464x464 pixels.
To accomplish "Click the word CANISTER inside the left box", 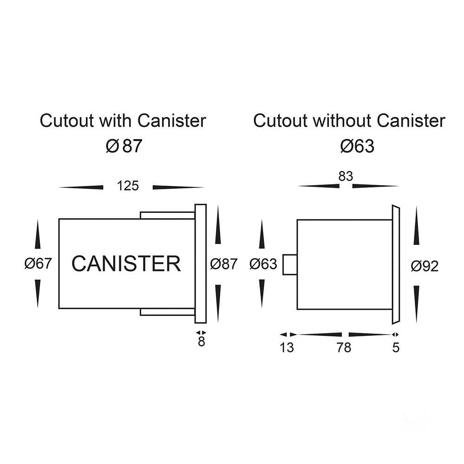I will click(x=126, y=264).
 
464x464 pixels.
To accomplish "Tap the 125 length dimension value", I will click(x=128, y=186).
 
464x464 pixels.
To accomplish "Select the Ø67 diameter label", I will click(x=38, y=264).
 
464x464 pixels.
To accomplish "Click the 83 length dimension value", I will click(x=346, y=177).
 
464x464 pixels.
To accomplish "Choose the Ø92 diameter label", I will click(x=425, y=266).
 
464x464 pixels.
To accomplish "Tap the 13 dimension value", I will click(x=287, y=348).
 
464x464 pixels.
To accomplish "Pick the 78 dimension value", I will click(x=344, y=348).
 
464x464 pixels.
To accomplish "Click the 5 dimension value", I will click(x=396, y=348).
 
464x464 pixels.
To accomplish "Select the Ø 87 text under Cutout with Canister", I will click(x=123, y=147).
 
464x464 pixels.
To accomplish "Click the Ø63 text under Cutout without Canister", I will click(x=357, y=147).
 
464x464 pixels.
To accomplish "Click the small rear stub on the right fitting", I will click(x=290, y=264).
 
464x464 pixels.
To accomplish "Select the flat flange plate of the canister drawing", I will click(x=200, y=264).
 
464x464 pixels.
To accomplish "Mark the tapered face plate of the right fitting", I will click(x=395, y=264).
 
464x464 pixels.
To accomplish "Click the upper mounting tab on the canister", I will click(x=167, y=215).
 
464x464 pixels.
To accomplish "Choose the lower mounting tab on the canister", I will click(x=167, y=312).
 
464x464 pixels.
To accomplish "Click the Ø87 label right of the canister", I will click(x=224, y=264).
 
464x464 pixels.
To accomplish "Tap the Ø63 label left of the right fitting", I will click(x=263, y=264).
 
